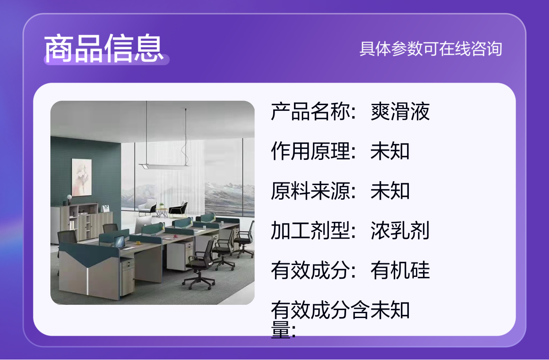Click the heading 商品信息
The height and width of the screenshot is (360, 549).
(104, 48)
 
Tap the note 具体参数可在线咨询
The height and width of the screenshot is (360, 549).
(431, 49)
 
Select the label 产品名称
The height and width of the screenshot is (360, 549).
(311, 111)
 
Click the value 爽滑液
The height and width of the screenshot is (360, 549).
(400, 111)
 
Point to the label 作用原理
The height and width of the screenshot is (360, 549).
(311, 151)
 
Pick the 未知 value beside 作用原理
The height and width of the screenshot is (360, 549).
(390, 151)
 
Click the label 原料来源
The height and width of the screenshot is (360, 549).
(311, 191)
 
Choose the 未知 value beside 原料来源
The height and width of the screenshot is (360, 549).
(390, 191)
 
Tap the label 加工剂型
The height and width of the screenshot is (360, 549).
(311, 231)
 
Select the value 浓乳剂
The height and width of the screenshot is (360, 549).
(400, 231)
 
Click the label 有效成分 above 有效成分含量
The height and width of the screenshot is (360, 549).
(311, 270)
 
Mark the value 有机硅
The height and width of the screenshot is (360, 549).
(400, 270)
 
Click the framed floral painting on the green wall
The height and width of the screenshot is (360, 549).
(82, 177)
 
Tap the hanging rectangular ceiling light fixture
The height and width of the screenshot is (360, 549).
(165, 167)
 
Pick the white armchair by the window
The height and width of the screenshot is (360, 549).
(147, 208)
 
